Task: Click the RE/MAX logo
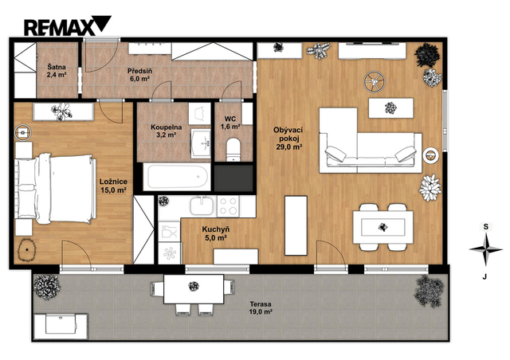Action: coord(67,25)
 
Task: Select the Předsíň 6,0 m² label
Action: coord(139,75)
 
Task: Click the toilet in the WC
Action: coord(233,149)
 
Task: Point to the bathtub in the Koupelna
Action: coord(178,177)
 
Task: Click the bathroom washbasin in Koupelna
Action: coord(201,143)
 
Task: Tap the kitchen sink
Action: coord(202,205)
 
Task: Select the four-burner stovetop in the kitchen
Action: coord(228,206)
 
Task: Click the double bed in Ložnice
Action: coord(56,189)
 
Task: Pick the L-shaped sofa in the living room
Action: coord(371,141)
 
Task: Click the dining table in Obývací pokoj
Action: coord(382,227)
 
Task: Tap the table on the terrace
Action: coord(194,289)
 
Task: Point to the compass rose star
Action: coord(485,249)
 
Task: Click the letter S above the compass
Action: coord(485,227)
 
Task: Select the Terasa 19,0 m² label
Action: coord(261,308)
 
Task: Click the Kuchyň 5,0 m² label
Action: coord(214,233)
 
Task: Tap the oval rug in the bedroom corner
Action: coord(26,250)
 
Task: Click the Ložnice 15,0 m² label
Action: coord(113,186)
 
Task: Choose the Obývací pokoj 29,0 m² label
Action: coord(288,139)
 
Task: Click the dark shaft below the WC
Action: coord(233,178)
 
